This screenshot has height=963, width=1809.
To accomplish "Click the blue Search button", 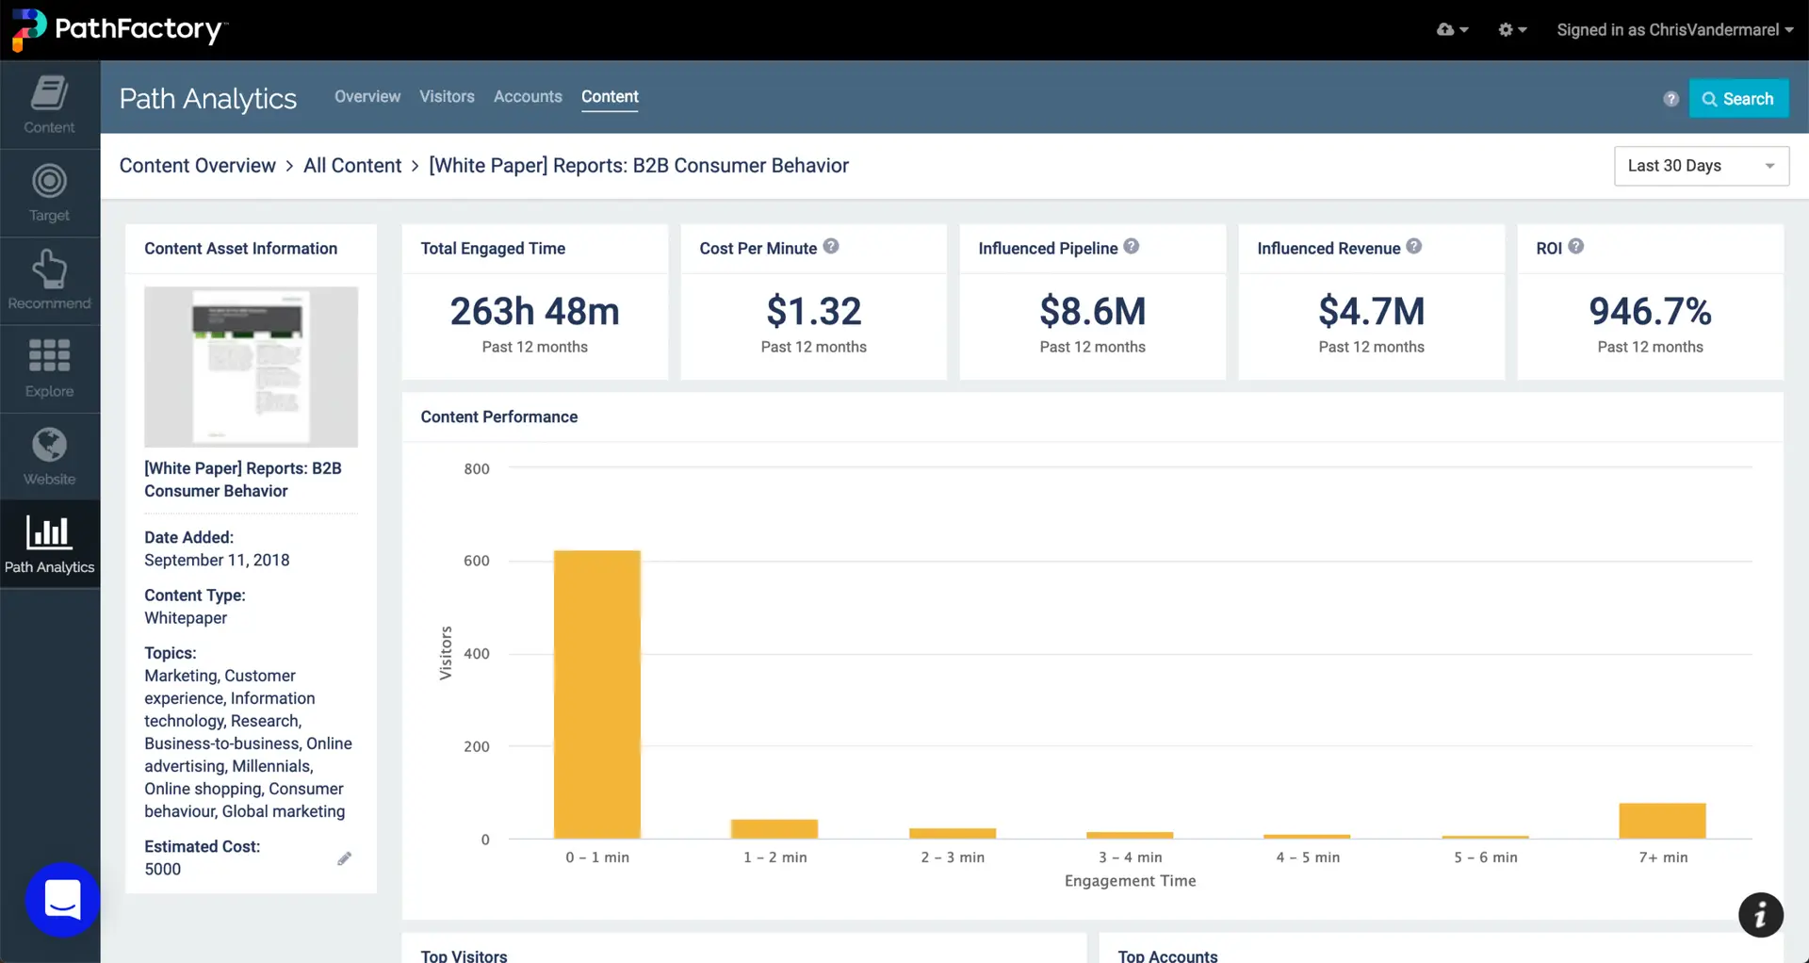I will tap(1738, 99).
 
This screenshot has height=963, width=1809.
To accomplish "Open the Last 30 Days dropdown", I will tap(1701, 166).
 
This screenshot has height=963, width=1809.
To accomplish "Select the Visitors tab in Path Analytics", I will tap(447, 97).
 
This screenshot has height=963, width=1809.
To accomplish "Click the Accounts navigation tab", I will tap(528, 97).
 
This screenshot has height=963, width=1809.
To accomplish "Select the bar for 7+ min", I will tap(1662, 821).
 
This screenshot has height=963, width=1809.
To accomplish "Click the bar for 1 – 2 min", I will tap(774, 829).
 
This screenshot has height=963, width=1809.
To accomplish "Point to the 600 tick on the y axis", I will tap(477, 561).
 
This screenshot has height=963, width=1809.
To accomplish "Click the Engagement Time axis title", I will tap(1130, 881).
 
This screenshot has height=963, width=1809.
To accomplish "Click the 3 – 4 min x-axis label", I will tap(1130, 857).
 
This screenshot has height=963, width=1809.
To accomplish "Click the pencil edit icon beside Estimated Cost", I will tap(344, 858).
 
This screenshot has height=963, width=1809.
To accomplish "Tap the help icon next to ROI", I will tap(1575, 247).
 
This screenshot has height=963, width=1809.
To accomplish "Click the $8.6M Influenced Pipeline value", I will tap(1092, 312).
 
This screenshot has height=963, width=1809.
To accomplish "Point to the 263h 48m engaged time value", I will tap(534, 312).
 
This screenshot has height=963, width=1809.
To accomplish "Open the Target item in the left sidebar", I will tap(49, 193).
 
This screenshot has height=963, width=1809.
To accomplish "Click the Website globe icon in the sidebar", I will tap(49, 446).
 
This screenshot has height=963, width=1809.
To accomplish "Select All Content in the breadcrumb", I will tap(352, 166).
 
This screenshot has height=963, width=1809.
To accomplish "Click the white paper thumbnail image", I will tap(251, 367).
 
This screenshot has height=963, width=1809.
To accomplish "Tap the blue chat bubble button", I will tap(62, 900).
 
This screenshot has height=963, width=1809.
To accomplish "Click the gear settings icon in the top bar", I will tap(1506, 30).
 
